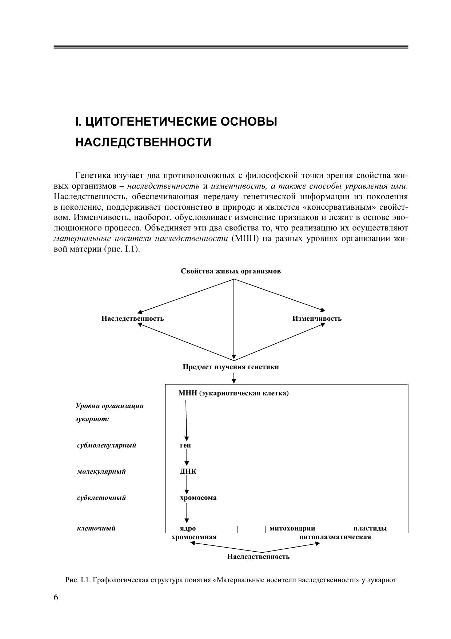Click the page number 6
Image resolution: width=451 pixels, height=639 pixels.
(56, 597)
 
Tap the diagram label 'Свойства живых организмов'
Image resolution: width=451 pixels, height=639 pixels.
(231, 271)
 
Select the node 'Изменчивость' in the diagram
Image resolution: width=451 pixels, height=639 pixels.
(317, 319)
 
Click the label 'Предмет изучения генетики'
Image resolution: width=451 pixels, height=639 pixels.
(231, 367)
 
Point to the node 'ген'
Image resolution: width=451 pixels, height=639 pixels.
(185, 445)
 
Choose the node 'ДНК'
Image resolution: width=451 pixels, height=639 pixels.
(188, 472)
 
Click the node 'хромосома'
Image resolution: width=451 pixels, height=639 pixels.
(198, 498)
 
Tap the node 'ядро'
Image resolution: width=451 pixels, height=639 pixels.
(188, 528)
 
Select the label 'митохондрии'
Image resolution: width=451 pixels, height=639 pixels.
(292, 528)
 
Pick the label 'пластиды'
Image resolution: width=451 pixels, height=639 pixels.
(370, 528)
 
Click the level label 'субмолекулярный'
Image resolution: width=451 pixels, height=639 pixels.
(107, 445)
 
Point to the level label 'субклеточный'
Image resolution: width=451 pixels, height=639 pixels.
(101, 498)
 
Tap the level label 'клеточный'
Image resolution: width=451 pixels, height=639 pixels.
(96, 528)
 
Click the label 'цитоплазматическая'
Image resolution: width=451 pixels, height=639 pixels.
(335, 537)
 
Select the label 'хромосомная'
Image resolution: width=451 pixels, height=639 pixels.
(194, 537)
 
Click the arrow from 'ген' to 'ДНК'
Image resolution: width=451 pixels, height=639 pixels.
(187, 457)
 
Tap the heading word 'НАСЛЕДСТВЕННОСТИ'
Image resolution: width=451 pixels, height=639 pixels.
(143, 142)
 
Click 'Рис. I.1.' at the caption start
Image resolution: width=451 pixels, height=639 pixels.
(78, 580)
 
